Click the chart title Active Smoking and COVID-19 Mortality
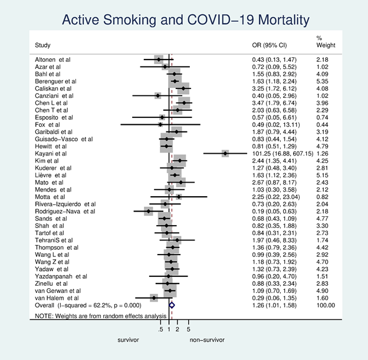[x=185, y=20]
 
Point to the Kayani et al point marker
[x=225, y=153]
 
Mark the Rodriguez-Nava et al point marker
[x=149, y=211]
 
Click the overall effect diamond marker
[x=172, y=305]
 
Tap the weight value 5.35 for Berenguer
[x=323, y=81]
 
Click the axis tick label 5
[x=188, y=329]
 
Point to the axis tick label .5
[x=160, y=329]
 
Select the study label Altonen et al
[x=52, y=60]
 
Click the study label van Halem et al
[x=57, y=298]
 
